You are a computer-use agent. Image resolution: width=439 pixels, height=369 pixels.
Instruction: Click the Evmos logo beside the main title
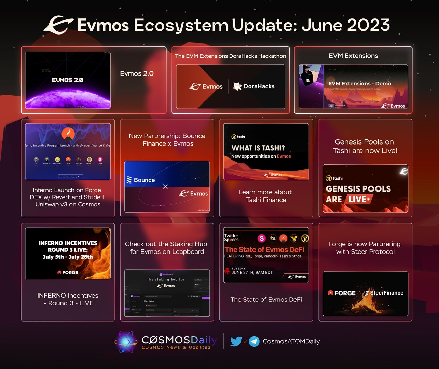pyautogui.click(x=58, y=25)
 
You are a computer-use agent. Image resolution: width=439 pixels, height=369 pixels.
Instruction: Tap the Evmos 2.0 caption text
pyautogui.click(x=137, y=73)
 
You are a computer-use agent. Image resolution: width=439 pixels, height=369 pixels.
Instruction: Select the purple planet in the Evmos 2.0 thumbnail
pyautogui.click(x=68, y=99)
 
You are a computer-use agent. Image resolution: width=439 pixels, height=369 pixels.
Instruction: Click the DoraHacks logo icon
pyautogui.click(x=237, y=86)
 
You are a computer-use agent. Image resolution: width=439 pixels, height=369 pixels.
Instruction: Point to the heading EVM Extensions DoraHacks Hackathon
pyautogui.click(x=231, y=56)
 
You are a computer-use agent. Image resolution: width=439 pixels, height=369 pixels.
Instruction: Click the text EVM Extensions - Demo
pyautogui.click(x=360, y=83)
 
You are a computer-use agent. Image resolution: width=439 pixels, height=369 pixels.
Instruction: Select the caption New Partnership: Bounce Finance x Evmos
pyautogui.click(x=167, y=140)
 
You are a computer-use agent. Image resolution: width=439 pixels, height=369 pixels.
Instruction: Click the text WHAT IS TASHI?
pyautogui.click(x=258, y=148)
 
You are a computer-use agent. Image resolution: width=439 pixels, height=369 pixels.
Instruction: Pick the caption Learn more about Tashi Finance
pyautogui.click(x=266, y=196)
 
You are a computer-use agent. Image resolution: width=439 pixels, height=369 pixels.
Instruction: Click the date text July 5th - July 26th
pyautogui.click(x=68, y=257)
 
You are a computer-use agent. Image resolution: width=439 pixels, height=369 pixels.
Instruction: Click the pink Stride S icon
pyautogui.click(x=262, y=238)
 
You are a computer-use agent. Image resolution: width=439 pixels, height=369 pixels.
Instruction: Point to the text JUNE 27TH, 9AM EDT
pyautogui.click(x=252, y=272)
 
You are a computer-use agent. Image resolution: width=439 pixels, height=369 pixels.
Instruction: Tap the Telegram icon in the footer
pyautogui.click(x=254, y=341)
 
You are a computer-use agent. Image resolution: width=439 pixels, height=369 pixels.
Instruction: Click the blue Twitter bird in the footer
pyautogui.click(x=236, y=341)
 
